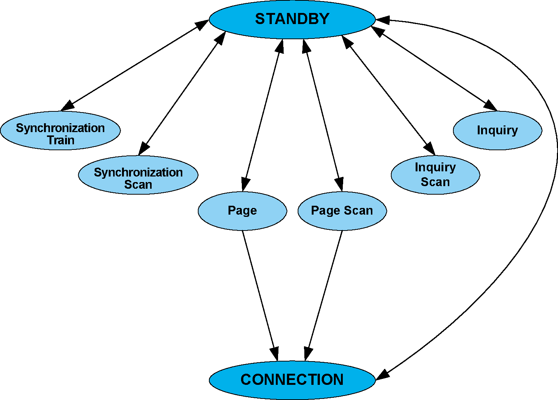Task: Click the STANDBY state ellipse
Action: point(292,19)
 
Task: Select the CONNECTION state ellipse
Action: point(292,380)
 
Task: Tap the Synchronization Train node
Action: point(60,131)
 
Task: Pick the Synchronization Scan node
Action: point(138,175)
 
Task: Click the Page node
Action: point(242,211)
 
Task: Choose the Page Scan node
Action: point(342,211)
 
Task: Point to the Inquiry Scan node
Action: point(435,175)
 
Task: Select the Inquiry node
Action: point(497,131)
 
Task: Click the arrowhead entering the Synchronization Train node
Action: point(67,106)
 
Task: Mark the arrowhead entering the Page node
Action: point(245,184)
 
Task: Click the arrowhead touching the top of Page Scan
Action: point(339,184)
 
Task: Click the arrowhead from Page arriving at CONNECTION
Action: point(275,353)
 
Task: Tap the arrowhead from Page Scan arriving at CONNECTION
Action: point(308,353)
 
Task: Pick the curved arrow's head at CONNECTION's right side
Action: point(383,374)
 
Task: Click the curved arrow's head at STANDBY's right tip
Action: point(383,20)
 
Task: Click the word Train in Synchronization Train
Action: point(61,141)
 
